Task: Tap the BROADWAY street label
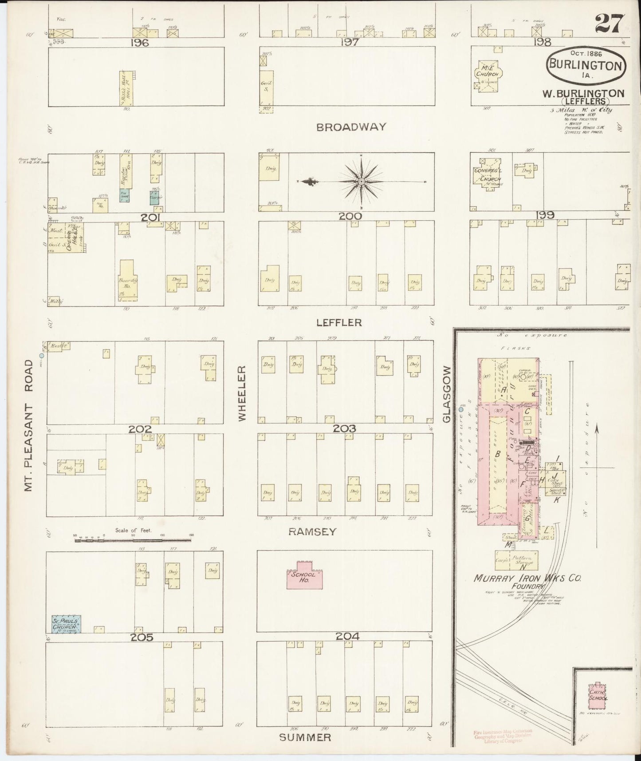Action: click(351, 127)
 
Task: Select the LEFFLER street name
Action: click(345, 323)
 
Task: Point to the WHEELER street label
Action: click(242, 393)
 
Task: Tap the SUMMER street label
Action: click(305, 737)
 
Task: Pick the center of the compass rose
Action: click(362, 182)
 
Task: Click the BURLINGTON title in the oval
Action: click(586, 65)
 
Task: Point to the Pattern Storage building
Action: click(523, 560)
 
